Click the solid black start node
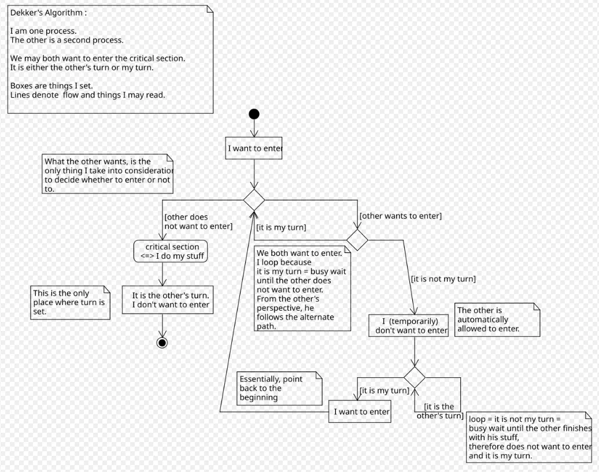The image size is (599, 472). pyautogui.click(x=254, y=114)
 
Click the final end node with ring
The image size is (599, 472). pyautogui.click(x=162, y=343)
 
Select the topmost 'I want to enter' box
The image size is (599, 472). pyautogui.click(x=254, y=148)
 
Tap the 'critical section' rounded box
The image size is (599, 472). pyautogui.click(x=171, y=251)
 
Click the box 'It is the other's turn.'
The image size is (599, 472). pyautogui.click(x=168, y=300)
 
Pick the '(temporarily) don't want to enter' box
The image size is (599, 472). pyautogui.click(x=408, y=325)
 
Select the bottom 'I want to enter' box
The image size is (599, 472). pyautogui.click(x=360, y=411)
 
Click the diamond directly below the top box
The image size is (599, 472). pyautogui.click(x=254, y=200)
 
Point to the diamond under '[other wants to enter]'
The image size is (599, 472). pyautogui.click(x=357, y=240)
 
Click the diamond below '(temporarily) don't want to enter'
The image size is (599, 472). pyautogui.click(x=415, y=377)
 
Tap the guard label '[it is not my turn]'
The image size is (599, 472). pyautogui.click(x=443, y=279)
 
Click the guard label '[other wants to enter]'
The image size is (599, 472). pyautogui.click(x=400, y=216)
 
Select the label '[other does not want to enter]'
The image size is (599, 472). pyautogui.click(x=198, y=222)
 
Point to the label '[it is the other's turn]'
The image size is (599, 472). pyautogui.click(x=440, y=411)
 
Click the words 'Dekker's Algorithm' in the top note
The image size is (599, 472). pyautogui.click(x=47, y=13)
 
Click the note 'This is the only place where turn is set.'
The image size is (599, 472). pyautogui.click(x=71, y=303)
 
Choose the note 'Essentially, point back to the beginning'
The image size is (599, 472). pyautogui.click(x=280, y=388)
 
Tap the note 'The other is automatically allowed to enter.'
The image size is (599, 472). pyautogui.click(x=497, y=319)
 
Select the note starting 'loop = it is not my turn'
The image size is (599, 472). pyautogui.click(x=529, y=437)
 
